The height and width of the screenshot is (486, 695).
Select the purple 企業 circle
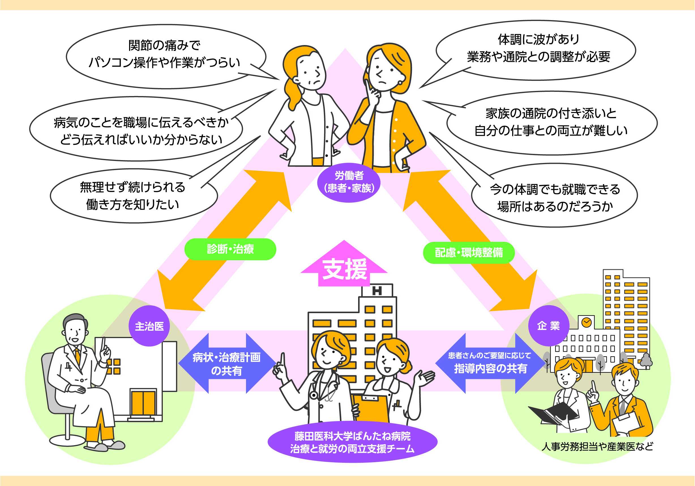(548, 326)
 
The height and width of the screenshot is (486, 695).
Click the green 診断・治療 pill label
(230, 249)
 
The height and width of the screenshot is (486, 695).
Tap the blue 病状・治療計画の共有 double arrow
(227, 364)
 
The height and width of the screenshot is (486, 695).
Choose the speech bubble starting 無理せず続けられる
(133, 196)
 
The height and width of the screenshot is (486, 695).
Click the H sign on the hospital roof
(377, 290)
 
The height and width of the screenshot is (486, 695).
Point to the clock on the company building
(586, 322)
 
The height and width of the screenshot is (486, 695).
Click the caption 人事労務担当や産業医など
(597, 446)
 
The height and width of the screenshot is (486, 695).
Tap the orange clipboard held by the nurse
(372, 408)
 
